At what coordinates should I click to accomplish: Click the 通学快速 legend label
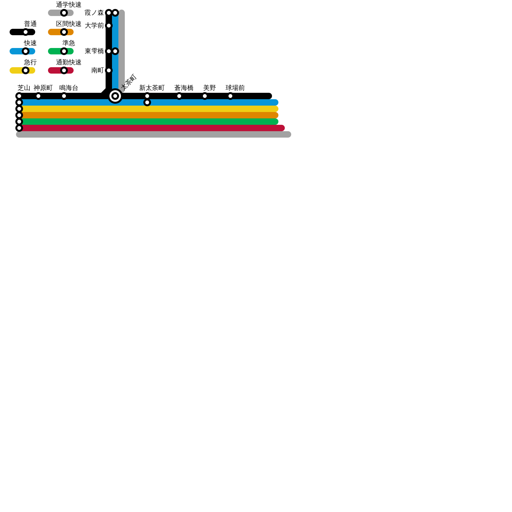(x=68, y=5)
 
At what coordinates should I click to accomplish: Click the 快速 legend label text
(x=30, y=43)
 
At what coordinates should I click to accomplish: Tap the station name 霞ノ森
(x=94, y=13)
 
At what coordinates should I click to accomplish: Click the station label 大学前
(x=94, y=26)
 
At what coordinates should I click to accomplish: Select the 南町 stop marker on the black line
(x=109, y=70)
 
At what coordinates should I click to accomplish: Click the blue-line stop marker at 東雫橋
(x=115, y=51)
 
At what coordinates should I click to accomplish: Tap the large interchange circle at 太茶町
(x=115, y=96)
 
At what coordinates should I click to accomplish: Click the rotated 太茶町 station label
(x=129, y=82)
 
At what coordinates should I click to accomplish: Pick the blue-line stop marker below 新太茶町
(x=147, y=102)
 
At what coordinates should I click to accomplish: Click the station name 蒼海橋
(x=184, y=88)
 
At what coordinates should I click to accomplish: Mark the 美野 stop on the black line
(x=205, y=96)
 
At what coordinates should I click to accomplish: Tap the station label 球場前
(x=235, y=88)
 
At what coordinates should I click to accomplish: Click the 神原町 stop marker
(x=38, y=96)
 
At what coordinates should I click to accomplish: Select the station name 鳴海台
(x=68, y=88)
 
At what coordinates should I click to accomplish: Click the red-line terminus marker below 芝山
(x=19, y=128)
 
